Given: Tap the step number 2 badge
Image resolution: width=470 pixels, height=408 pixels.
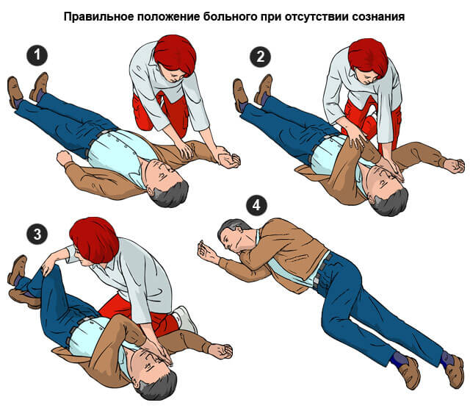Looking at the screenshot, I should point(258,55).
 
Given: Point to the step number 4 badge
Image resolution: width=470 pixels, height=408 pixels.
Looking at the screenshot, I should point(256,206).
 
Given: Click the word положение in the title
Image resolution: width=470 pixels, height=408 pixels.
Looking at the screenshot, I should point(167,15).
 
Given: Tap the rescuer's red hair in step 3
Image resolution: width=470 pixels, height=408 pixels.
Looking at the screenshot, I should point(94,238).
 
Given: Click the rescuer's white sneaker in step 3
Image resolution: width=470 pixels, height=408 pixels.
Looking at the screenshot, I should point(184,318).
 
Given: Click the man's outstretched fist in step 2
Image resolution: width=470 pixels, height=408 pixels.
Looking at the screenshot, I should point(455,165).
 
